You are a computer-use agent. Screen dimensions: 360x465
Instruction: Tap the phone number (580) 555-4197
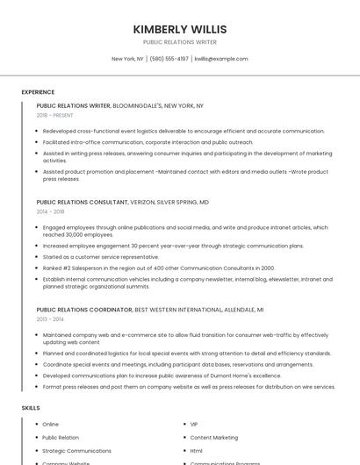(x=169, y=59)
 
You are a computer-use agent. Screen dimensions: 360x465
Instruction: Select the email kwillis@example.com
(x=221, y=59)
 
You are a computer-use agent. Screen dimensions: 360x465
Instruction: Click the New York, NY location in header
(x=127, y=59)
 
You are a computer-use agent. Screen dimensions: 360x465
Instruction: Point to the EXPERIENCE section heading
(x=38, y=92)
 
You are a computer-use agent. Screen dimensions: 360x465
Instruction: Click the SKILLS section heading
(x=31, y=408)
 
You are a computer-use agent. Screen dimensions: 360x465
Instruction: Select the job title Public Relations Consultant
(x=82, y=202)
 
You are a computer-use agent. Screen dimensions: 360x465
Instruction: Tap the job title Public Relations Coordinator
(x=84, y=310)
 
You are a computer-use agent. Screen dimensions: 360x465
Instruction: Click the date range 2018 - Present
(x=55, y=115)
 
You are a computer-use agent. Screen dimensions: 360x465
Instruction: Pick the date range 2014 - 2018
(x=50, y=211)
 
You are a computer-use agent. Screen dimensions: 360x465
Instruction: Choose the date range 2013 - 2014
(x=50, y=319)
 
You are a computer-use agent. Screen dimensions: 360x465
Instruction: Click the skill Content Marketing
(x=213, y=437)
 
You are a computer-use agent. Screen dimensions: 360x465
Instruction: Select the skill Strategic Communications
(x=76, y=450)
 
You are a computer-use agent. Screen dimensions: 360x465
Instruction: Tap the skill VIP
(x=194, y=424)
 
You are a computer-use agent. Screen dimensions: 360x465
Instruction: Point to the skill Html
(x=197, y=450)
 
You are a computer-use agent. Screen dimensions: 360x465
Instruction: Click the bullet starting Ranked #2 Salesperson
(x=158, y=268)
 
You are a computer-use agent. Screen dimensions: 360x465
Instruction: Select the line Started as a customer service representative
(x=100, y=257)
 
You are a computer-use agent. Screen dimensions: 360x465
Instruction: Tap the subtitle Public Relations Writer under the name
(x=179, y=42)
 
